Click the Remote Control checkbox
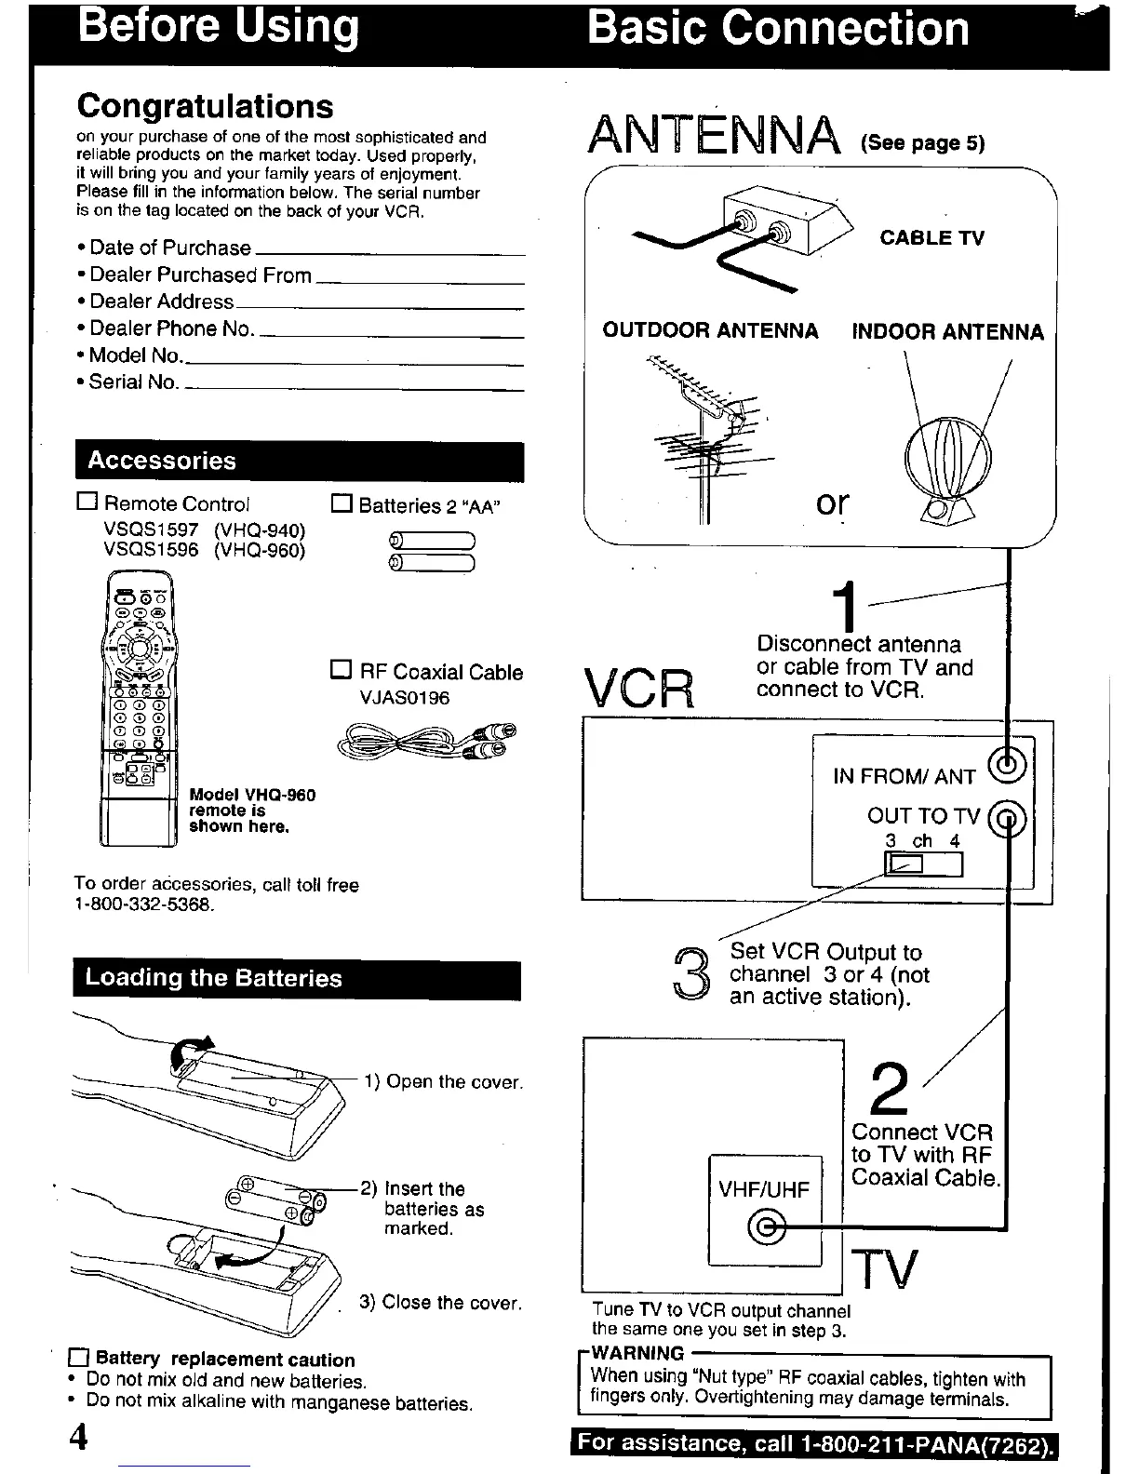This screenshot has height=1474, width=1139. coord(87,502)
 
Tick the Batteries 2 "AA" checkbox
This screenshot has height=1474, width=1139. coord(342,504)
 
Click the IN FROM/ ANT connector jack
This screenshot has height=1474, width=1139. coord(1010,766)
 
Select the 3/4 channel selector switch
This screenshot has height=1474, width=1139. coord(923,864)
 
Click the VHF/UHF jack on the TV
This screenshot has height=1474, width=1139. coord(766,1228)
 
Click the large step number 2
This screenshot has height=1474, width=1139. coord(891,1091)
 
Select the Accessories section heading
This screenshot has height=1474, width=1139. coord(162,462)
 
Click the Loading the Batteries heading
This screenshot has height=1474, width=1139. coord(214,978)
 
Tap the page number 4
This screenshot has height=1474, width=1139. coord(78,1437)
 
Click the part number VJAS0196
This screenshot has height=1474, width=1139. coord(405,698)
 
